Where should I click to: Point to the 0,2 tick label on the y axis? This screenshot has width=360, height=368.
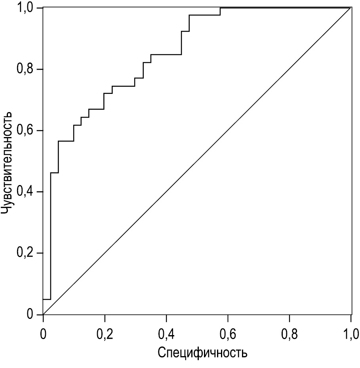click(24, 253)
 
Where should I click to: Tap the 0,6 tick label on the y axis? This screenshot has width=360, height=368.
click(24, 131)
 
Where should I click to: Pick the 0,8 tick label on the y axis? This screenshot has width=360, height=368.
click(24, 69)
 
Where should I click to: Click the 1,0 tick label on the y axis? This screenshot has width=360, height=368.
click(24, 8)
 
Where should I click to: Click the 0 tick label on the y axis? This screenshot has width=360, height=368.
click(30, 315)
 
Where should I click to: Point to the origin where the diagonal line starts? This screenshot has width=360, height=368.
click(43, 315)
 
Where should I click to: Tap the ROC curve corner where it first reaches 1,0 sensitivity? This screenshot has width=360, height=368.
click(220, 8)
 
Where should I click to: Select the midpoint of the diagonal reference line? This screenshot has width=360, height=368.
click(197, 161)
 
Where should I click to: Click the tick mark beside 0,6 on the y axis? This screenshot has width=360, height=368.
click(40, 131)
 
